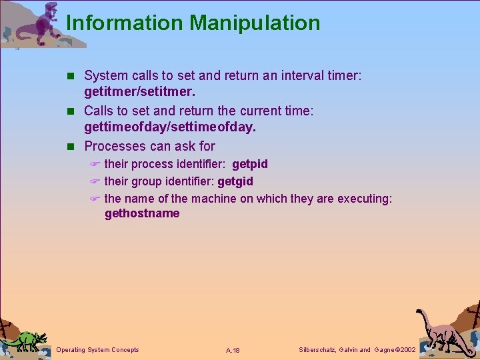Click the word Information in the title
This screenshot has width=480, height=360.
[125, 23]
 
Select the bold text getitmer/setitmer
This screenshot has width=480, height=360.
[140, 92]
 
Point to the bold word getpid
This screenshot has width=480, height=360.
[249, 164]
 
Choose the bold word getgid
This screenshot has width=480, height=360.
[235, 181]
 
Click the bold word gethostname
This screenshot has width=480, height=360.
[142, 213]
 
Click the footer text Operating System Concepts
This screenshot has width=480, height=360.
[98, 350]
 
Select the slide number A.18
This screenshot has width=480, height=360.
[233, 350]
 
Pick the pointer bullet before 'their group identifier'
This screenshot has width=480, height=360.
[95, 181]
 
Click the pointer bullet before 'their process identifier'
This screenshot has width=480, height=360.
[95, 164]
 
